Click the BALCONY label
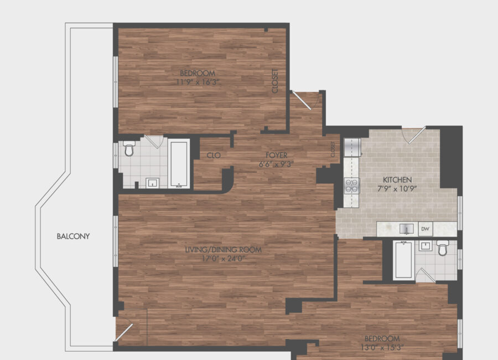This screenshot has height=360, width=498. pyautogui.click(x=73, y=236)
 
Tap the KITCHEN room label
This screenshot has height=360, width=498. pyautogui.click(x=397, y=179)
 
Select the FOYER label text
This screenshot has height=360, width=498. pyautogui.click(x=276, y=155)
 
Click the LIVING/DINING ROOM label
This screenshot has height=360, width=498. pyautogui.click(x=224, y=250)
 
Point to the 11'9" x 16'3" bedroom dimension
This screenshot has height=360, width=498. pyautogui.click(x=198, y=82)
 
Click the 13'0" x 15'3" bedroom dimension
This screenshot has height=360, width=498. pyautogui.click(x=382, y=347)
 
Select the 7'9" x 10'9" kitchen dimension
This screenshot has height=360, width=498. pyautogui.click(x=397, y=189)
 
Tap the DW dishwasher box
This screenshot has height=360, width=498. pyautogui.click(x=426, y=229)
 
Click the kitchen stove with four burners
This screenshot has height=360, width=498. pyautogui.click(x=351, y=186)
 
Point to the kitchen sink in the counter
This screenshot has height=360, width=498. pyautogui.click(x=407, y=229)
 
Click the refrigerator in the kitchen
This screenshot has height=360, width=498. pyautogui.click(x=352, y=147)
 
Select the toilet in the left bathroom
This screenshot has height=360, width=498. pyautogui.click(x=128, y=148)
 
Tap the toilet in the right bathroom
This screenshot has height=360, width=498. pyautogui.click(x=442, y=248)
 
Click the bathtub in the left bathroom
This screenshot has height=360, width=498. pyautogui.click(x=179, y=164)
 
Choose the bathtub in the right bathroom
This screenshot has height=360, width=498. pyautogui.click(x=403, y=260)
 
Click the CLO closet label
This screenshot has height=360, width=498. pyautogui.click(x=214, y=155)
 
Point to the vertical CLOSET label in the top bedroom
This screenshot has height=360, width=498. pyautogui.click(x=275, y=81)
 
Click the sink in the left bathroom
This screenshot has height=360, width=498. pyautogui.click(x=153, y=183)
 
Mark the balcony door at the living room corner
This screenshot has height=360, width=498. pyautogui.click(x=124, y=332)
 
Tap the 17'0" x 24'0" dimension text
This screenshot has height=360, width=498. pyautogui.click(x=224, y=259)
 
